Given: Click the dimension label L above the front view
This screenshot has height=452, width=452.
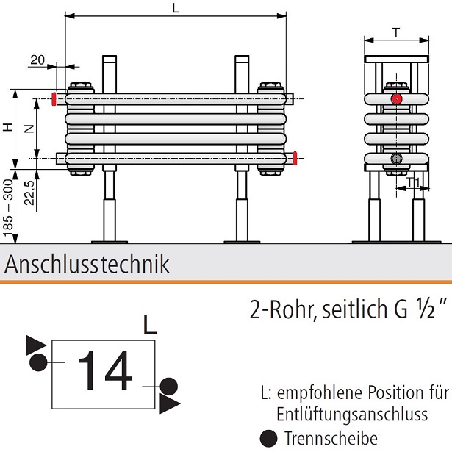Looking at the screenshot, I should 174,8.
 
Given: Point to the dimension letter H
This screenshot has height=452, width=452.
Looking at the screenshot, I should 7,127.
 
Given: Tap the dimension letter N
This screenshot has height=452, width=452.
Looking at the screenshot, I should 29,128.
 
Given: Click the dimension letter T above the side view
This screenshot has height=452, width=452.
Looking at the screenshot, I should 396,32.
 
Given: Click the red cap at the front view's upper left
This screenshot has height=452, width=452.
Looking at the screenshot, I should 54,98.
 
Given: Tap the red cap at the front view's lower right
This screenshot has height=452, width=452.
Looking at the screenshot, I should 294,157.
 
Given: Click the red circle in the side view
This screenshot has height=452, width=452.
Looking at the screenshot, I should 397,98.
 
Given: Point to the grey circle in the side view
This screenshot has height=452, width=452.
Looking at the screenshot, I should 397,159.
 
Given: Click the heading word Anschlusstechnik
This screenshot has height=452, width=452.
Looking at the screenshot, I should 87,264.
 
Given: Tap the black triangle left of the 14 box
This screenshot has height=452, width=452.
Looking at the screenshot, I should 35,344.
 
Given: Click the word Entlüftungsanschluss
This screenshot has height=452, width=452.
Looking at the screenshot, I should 352,415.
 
